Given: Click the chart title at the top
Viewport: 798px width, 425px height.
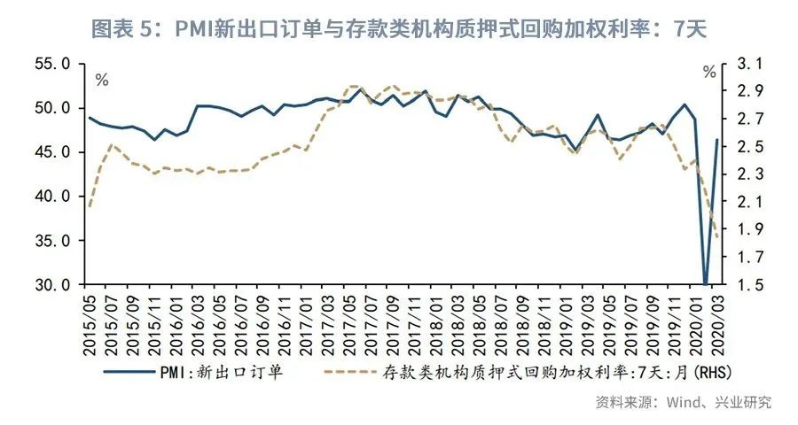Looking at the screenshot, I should coord(398,28).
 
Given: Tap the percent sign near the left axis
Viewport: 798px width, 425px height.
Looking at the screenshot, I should coord(102,81).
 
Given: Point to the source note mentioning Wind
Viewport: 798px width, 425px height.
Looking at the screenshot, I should coord(683,402).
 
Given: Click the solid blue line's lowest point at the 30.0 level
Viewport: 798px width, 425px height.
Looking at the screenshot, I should coord(706,284).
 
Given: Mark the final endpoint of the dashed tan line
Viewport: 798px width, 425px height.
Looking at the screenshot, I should coord(716,236).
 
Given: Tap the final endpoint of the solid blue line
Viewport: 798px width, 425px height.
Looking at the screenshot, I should coord(716,140).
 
